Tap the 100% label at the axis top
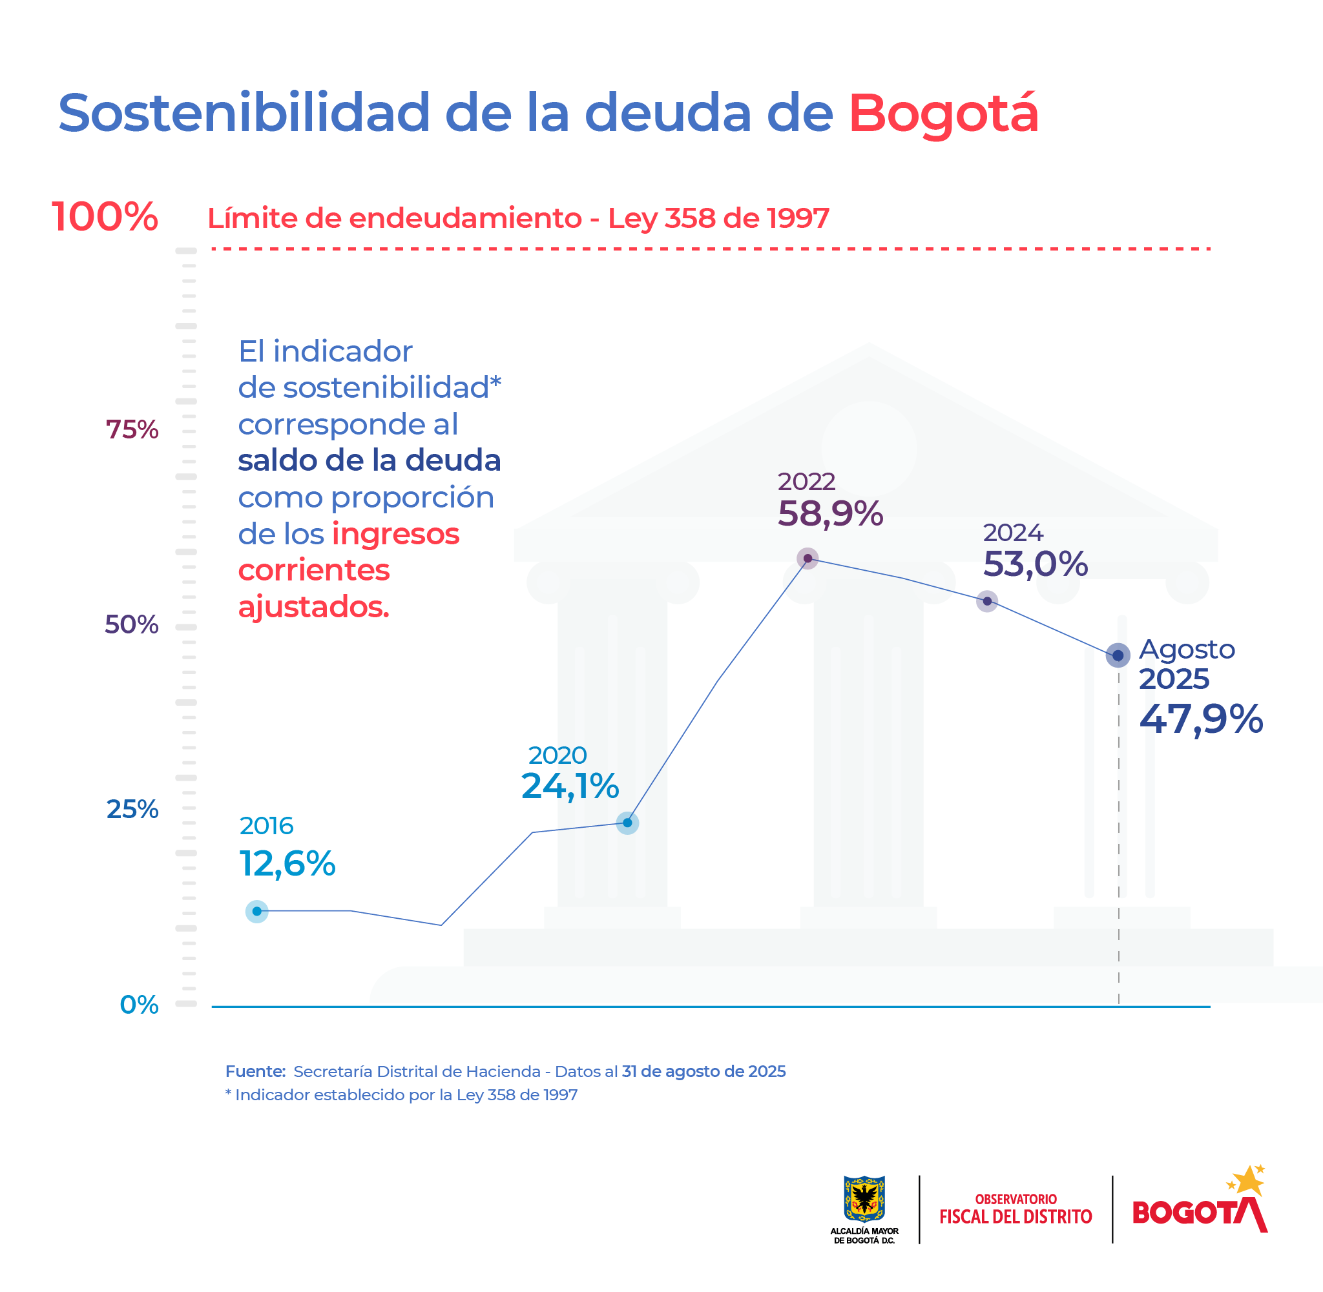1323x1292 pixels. [105, 217]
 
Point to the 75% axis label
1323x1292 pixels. [132, 429]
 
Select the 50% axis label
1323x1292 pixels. [131, 624]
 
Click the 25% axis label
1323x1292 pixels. [132, 809]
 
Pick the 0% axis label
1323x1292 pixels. [138, 1004]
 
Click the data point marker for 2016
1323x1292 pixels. [256, 911]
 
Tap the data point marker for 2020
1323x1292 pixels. [627, 823]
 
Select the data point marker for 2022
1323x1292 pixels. [807, 559]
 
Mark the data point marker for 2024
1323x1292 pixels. [987, 601]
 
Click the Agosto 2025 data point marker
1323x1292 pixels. [1118, 655]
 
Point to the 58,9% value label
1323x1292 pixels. [829, 514]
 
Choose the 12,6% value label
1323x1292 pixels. [287, 864]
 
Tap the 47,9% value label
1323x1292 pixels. [1201, 719]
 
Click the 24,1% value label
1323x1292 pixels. [570, 786]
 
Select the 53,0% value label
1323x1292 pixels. [1035, 564]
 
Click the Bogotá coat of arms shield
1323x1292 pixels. [864, 1198]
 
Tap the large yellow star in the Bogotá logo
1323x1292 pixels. [1248, 1182]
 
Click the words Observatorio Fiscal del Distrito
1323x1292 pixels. [1016, 1209]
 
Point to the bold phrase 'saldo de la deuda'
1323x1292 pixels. [370, 461]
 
